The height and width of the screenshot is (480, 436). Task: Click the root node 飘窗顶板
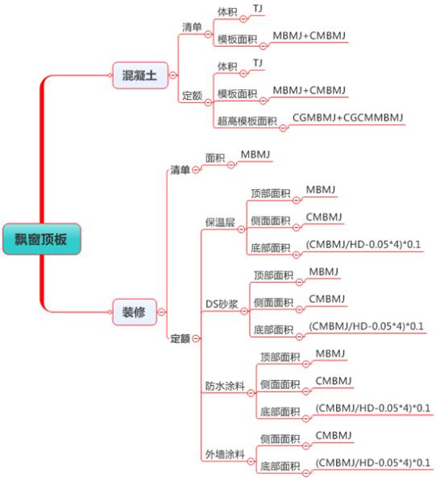coord(42,239)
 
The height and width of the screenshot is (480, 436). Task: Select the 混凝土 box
coord(140,76)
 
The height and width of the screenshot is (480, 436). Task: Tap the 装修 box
coord(135,312)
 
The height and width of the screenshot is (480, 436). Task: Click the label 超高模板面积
coord(247,122)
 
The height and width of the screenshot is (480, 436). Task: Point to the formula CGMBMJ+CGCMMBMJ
coord(348,118)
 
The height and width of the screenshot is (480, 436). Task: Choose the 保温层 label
coord(220,222)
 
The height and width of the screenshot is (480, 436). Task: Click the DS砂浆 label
coord(222,304)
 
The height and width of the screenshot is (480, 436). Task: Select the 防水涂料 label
coord(225,386)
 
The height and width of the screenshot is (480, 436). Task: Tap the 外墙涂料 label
coord(225,454)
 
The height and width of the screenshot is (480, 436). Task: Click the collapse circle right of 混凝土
coord(173,75)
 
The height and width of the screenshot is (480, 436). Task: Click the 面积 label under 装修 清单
coord(215,158)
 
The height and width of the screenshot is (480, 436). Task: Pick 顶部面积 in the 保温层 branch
coord(271,193)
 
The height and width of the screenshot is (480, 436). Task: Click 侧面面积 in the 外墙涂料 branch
coord(280,439)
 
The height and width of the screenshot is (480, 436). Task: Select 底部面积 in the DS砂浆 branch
coord(274,329)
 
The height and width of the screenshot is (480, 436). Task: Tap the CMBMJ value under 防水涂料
coord(334,380)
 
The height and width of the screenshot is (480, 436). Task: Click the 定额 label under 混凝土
coord(192,96)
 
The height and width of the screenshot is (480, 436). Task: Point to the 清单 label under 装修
coord(181,170)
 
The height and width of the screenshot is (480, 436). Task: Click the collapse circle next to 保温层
coord(242,229)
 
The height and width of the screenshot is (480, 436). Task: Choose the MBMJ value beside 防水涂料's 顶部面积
coord(330,354)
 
